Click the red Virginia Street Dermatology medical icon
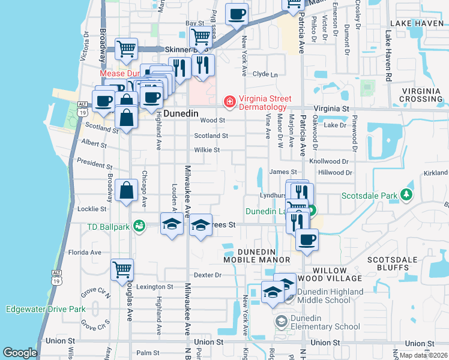point(229,103)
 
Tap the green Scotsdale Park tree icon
point(407,195)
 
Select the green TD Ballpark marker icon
point(140,226)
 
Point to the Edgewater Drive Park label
point(45,310)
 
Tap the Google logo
point(20,353)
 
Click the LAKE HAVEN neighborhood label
point(416,23)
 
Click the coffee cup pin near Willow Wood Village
point(307,240)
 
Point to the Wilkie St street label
point(206,150)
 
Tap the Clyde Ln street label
point(265,74)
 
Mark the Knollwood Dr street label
point(328,162)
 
